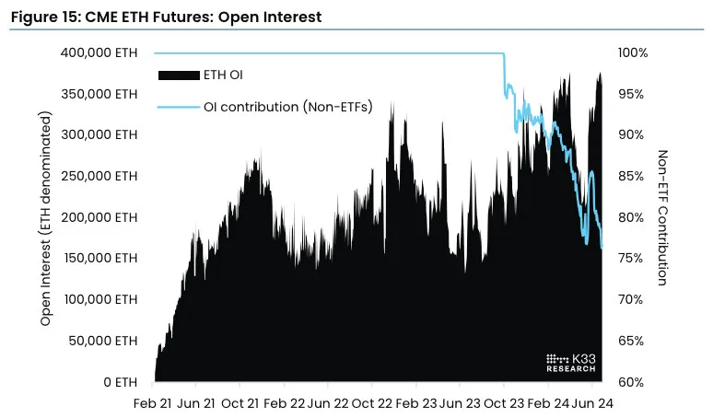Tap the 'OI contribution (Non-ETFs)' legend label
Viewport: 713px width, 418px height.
click(287, 108)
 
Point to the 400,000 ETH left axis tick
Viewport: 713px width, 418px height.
click(98, 52)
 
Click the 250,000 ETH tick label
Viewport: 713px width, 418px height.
click(98, 176)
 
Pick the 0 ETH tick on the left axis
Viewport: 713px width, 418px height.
click(119, 382)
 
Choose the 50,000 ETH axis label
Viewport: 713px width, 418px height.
click(101, 341)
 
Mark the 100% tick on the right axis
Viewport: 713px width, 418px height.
click(632, 52)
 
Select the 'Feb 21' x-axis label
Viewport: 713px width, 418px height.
click(152, 403)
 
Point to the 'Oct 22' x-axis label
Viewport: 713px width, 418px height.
click(374, 403)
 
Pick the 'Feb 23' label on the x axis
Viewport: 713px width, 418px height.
click(418, 403)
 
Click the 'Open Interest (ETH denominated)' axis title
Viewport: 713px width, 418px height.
click(45, 219)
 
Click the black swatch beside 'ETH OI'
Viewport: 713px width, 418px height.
click(179, 74)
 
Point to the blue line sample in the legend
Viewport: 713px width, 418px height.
click(179, 108)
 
